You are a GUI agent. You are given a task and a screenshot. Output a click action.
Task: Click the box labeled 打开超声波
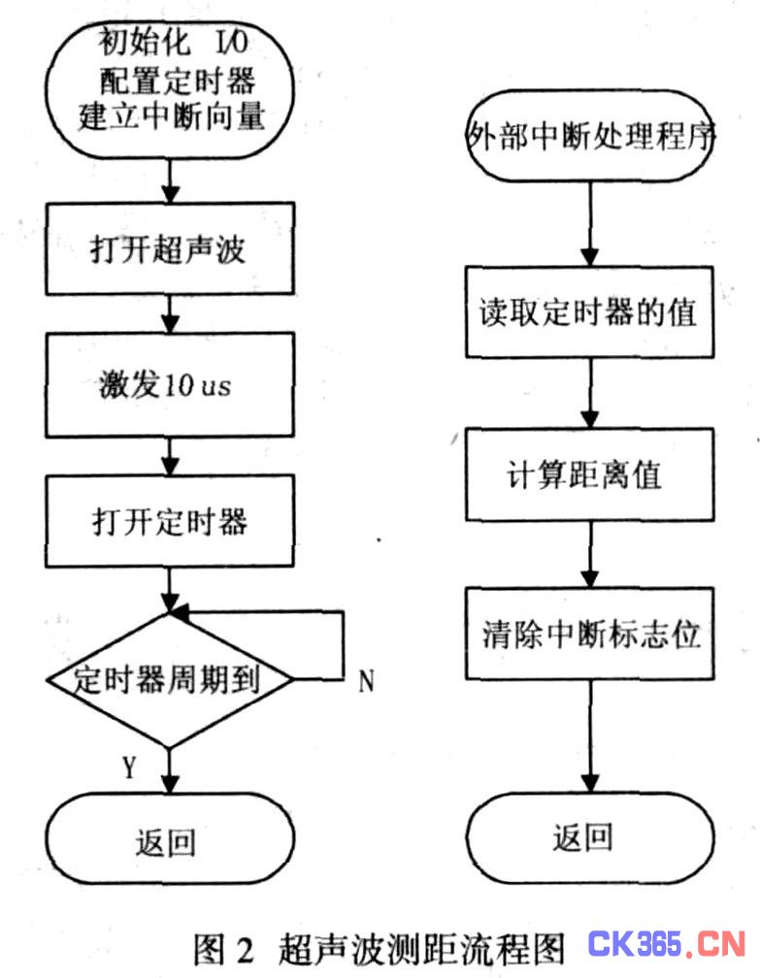coord(170,248)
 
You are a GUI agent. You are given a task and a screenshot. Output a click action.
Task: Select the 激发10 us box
coord(170,384)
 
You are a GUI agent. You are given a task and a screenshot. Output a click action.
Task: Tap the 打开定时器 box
coord(170,521)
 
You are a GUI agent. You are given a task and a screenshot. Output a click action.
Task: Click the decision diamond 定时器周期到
coord(170,679)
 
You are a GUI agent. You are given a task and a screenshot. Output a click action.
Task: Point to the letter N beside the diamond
coord(366,681)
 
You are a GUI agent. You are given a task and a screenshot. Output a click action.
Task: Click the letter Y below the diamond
coord(129,767)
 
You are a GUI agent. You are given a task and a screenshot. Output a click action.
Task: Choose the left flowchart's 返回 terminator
coord(170,839)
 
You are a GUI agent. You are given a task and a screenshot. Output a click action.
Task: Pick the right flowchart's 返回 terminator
coord(590,837)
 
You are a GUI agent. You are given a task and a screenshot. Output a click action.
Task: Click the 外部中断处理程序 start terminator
coord(590,136)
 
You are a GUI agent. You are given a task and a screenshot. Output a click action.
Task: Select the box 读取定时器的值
coord(590,311)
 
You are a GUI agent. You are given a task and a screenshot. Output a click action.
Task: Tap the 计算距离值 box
coord(590,474)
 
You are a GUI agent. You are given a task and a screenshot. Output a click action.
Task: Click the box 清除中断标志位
coord(590,633)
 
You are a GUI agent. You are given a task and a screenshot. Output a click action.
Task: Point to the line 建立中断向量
coord(172,116)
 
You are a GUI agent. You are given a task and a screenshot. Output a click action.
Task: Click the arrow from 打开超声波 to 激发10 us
coord(170,313)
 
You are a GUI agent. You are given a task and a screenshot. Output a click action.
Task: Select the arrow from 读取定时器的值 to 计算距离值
coord(590,393)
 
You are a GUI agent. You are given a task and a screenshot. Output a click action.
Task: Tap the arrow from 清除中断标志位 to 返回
coord(590,736)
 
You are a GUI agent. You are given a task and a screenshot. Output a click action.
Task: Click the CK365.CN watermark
coord(667,944)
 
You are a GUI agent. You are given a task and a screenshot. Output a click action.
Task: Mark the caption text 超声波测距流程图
coord(421,949)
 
